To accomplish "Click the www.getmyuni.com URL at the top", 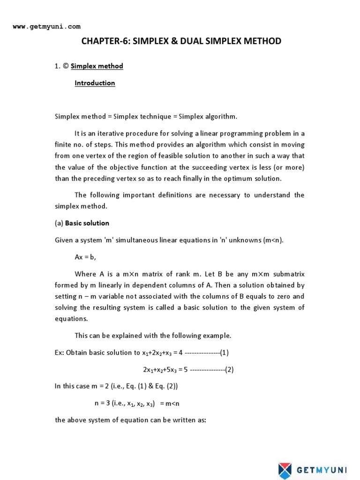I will [46, 27].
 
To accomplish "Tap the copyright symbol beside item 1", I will [65, 66].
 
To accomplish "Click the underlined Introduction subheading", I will [95, 83].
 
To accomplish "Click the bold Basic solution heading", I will [87, 223].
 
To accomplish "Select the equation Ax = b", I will [85, 257].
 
